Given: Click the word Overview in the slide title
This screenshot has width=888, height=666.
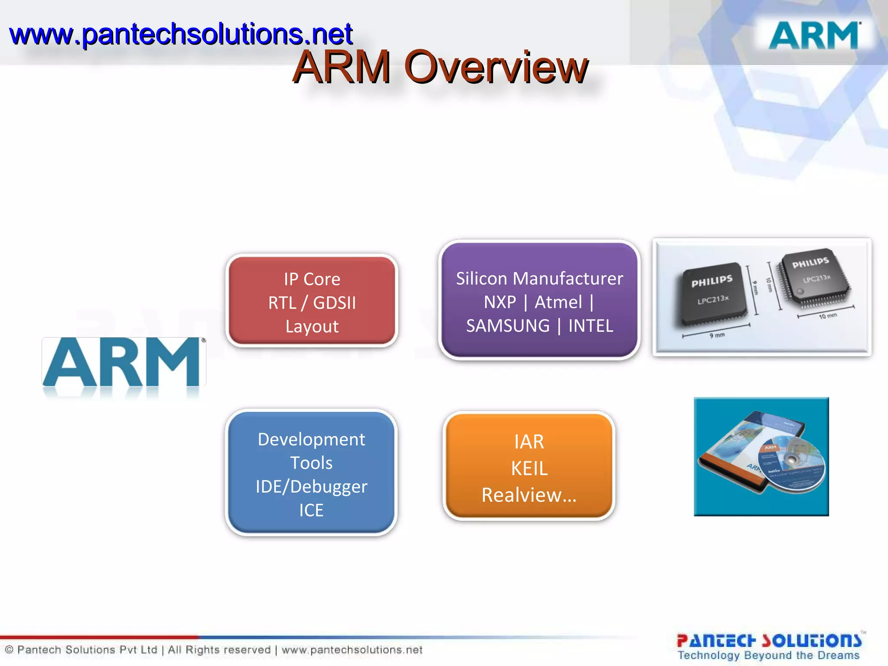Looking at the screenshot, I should point(496,67).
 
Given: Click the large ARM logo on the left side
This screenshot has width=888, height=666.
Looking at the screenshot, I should point(124,362).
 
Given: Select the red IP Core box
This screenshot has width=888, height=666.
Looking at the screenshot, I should point(312,301).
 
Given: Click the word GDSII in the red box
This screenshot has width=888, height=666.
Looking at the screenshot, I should point(334,303).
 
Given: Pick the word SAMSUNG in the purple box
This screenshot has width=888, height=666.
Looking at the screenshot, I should point(508,326).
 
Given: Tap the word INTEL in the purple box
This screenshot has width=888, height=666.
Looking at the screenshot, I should point(591,326).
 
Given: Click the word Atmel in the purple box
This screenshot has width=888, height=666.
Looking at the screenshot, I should point(558,302).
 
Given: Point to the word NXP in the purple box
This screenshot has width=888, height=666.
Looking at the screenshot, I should point(500,302).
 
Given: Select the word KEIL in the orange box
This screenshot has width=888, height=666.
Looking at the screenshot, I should point(529,468).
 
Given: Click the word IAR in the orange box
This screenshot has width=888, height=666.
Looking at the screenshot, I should point(529,442).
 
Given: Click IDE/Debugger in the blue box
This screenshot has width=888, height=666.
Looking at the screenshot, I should point(311,486).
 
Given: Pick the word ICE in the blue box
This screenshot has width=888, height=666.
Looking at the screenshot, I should point(311,510).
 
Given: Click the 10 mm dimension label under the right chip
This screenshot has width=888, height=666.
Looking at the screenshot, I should point(827,316).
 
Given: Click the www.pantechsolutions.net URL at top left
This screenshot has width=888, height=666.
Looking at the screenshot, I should point(181,34).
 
